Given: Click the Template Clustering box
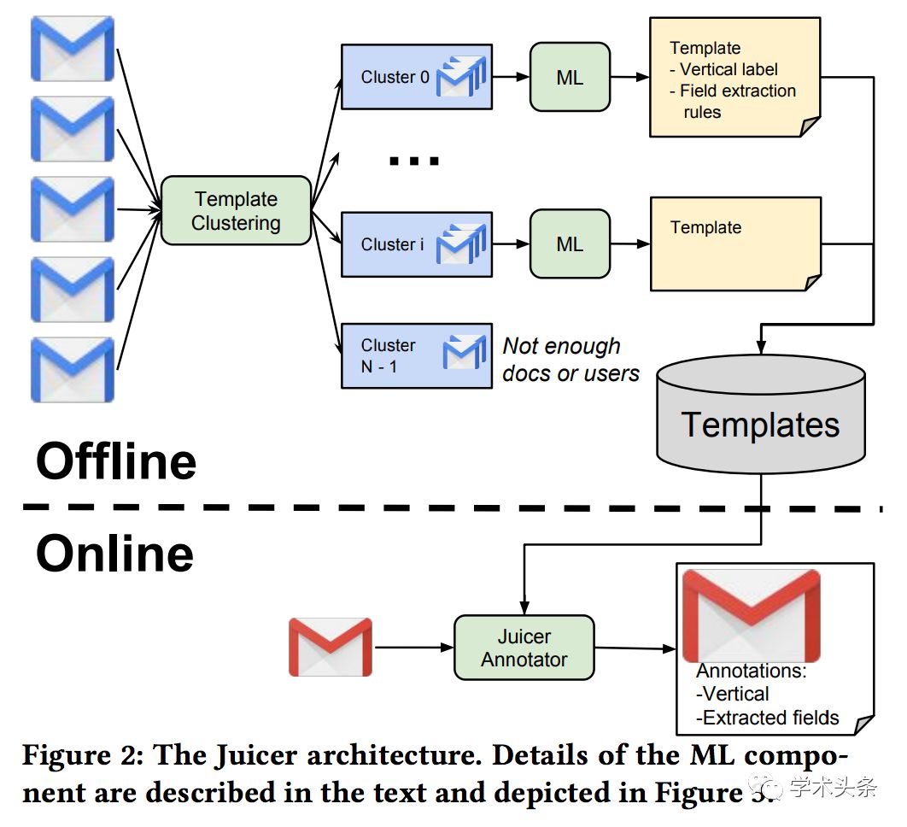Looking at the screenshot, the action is coord(236,211).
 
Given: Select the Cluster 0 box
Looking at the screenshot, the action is coord(417,76).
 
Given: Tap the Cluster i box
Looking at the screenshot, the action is coord(417,244).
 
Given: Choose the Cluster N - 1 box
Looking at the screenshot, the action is coord(417,355).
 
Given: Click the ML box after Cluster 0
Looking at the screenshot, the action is coord(570,77).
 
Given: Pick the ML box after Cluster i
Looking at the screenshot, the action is coord(570,243).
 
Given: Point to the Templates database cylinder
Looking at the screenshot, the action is coord(761,414).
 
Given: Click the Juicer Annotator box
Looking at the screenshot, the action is coord(524,648).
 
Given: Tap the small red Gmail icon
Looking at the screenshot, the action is coord(331,647).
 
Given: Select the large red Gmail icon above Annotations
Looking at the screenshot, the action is coord(752,616).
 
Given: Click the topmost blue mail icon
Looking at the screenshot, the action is coord(73,49).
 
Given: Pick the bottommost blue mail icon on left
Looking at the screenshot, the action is coord(73,370).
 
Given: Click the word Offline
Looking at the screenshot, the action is coord(116,460).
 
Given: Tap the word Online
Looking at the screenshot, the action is coord(114,554).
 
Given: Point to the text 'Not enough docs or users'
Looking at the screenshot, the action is coord(571,360).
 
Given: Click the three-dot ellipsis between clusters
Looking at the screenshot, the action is coord(414,161).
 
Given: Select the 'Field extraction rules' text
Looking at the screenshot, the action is coord(733,102).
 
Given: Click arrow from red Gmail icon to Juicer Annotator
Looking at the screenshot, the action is coord(414,647).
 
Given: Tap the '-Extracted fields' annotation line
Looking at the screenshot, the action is coord(767,718).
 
